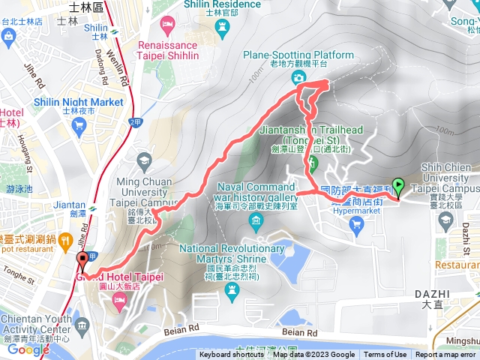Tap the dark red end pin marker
click(x=82, y=261)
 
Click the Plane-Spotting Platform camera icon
click(x=298, y=76)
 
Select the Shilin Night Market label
click(x=78, y=102)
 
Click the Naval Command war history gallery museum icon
click(x=257, y=220)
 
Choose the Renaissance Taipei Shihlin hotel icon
click(x=167, y=26)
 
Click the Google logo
click(x=28, y=349)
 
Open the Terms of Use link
click(x=385, y=355)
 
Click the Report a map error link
click(x=445, y=355)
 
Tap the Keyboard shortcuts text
click(x=232, y=355)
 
